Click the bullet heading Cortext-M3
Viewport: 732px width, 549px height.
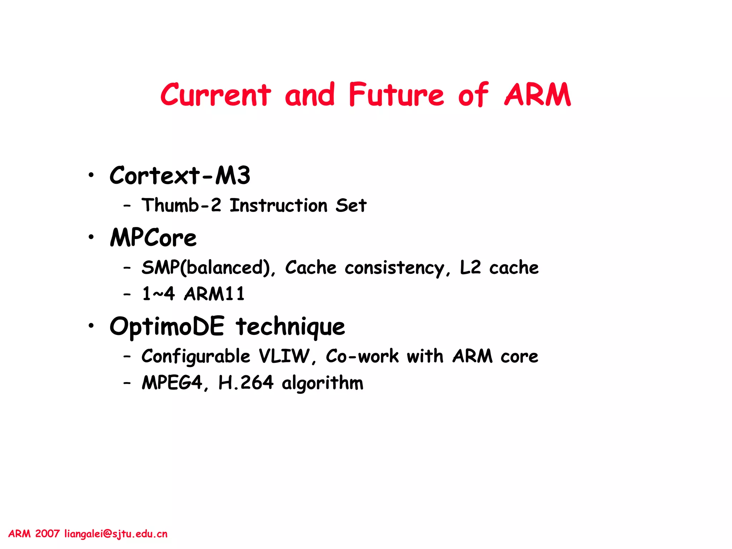coord(180,176)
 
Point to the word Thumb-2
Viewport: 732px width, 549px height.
coord(182,206)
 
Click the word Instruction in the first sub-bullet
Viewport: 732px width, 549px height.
coord(278,206)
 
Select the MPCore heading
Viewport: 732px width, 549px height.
coord(153,238)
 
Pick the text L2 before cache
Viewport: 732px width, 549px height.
coord(470,268)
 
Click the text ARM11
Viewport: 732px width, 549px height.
coord(214,294)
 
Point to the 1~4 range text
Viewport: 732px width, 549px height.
coord(158,294)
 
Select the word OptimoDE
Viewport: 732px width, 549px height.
coord(167,327)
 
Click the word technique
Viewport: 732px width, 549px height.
coord(290,327)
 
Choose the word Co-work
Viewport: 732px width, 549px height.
coord(362,356)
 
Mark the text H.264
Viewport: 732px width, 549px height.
coord(246,383)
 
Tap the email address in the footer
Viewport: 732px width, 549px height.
coord(116,534)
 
